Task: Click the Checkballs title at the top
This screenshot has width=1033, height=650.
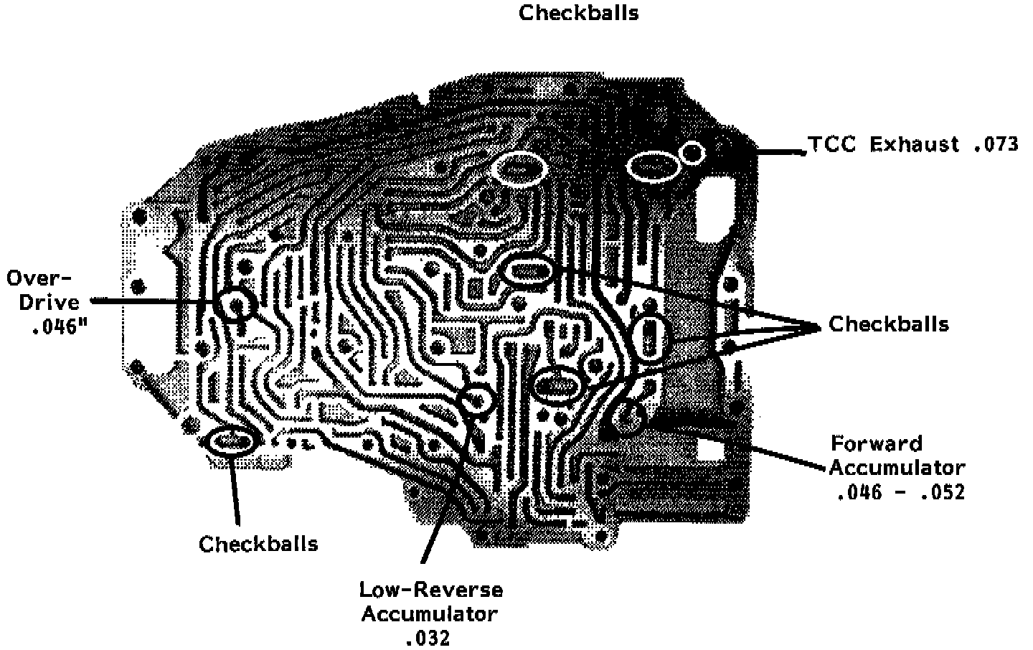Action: (578, 13)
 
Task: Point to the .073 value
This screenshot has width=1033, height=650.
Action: (996, 145)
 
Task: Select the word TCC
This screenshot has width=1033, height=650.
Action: (834, 145)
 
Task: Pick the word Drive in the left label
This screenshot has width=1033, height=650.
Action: (49, 303)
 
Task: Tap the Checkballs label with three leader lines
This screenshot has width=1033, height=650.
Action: (888, 324)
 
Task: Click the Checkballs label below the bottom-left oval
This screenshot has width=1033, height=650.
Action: (258, 544)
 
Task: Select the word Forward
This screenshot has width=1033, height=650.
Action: (876, 443)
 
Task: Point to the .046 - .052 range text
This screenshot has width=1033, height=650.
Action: (900, 493)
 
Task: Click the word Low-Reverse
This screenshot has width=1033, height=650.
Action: (431, 590)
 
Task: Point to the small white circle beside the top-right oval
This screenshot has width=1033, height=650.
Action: (692, 152)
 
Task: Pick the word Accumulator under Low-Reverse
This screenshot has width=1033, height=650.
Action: (429, 614)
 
